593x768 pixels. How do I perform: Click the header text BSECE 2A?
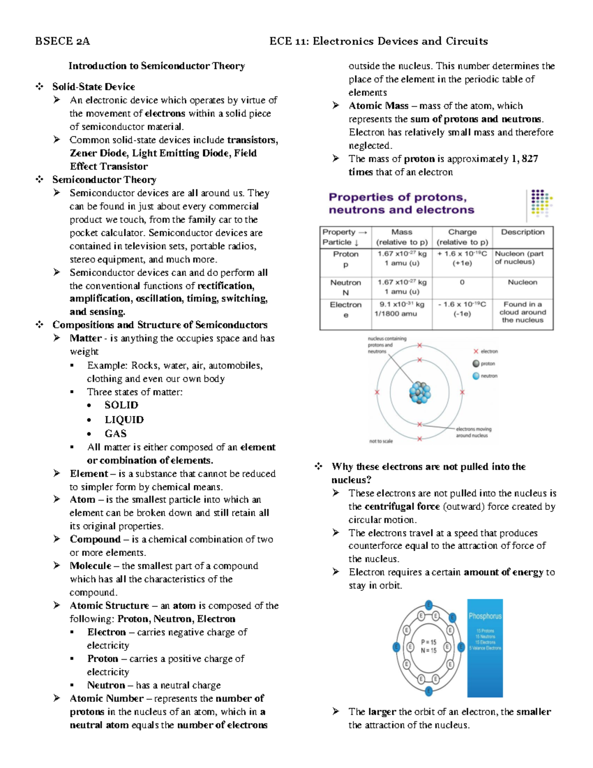click(62, 41)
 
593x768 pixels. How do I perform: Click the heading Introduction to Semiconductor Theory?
click(157, 66)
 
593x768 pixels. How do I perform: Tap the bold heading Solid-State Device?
click(93, 87)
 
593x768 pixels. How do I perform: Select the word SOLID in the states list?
click(121, 405)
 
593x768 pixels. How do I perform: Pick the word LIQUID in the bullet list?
click(124, 419)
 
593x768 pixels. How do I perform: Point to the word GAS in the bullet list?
click(116, 433)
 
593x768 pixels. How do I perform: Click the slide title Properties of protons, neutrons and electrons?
click(401, 203)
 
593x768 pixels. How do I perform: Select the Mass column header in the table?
click(402, 232)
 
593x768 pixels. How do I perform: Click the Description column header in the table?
click(522, 232)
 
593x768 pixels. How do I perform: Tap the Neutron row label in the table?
click(345, 282)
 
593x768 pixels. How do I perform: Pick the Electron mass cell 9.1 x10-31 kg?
click(402, 305)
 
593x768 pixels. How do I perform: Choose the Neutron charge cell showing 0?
click(462, 282)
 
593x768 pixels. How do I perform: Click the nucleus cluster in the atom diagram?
click(420, 393)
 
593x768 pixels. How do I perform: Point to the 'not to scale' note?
click(381, 441)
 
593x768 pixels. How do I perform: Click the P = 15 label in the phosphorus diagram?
click(428, 642)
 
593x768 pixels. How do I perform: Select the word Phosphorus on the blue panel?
click(485, 616)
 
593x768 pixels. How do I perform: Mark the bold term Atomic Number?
click(107, 698)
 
